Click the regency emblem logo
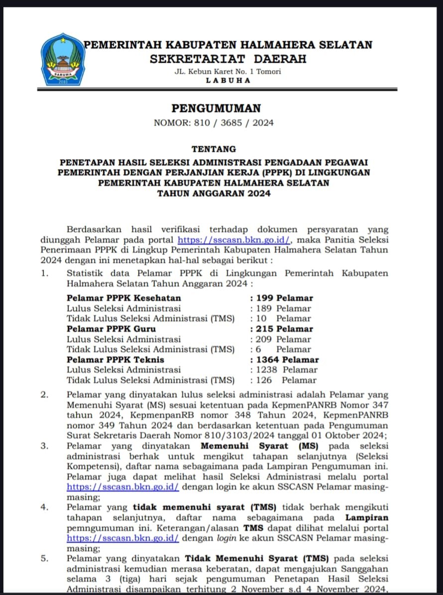point(63,60)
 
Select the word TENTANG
point(214,149)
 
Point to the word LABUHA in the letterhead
point(228,81)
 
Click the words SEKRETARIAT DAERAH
point(228,59)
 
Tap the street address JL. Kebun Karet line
point(228,71)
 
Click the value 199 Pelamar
point(285,298)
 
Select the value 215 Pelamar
point(285,329)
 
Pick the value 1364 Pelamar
point(287,359)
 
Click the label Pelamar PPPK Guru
point(111,329)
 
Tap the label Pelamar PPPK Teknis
point(115,359)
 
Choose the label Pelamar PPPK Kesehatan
point(124,298)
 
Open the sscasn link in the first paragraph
point(233,239)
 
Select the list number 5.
point(45,558)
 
